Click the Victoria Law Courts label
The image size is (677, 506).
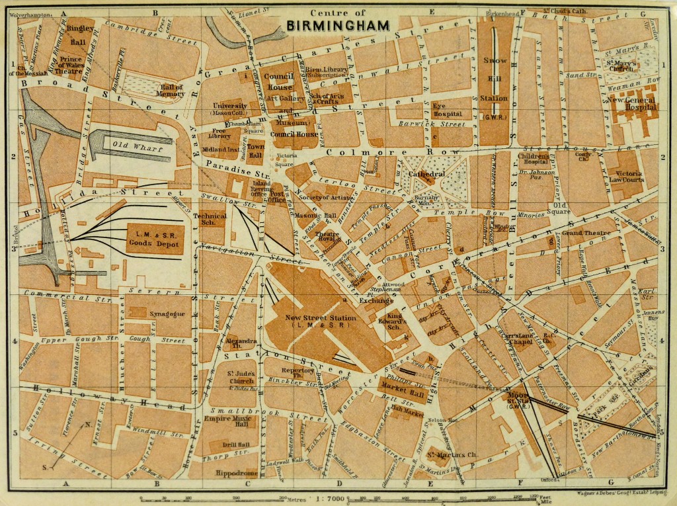629,175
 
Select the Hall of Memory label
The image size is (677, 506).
171,90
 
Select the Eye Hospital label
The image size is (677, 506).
447,109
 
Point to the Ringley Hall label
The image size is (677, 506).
79,34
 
